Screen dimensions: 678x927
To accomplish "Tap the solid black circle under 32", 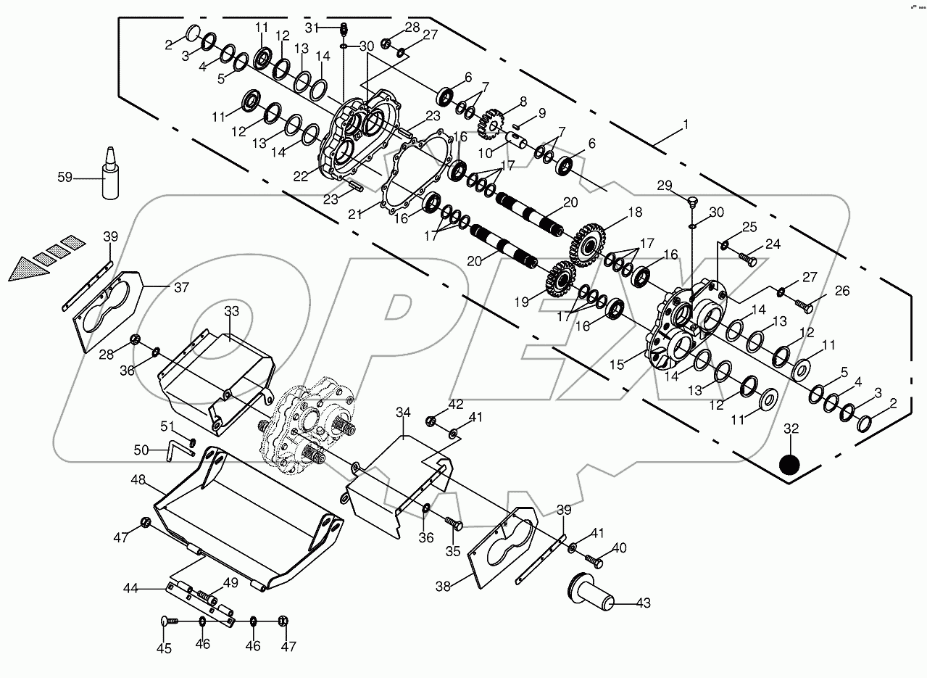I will [x=790, y=465].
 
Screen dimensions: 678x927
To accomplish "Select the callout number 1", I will [x=684, y=124].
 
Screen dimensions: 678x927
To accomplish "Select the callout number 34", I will [x=403, y=413].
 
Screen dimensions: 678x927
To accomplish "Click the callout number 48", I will [x=139, y=479].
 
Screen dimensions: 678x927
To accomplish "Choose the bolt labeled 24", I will [x=748, y=257].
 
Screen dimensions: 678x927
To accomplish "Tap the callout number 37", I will [x=181, y=288].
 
